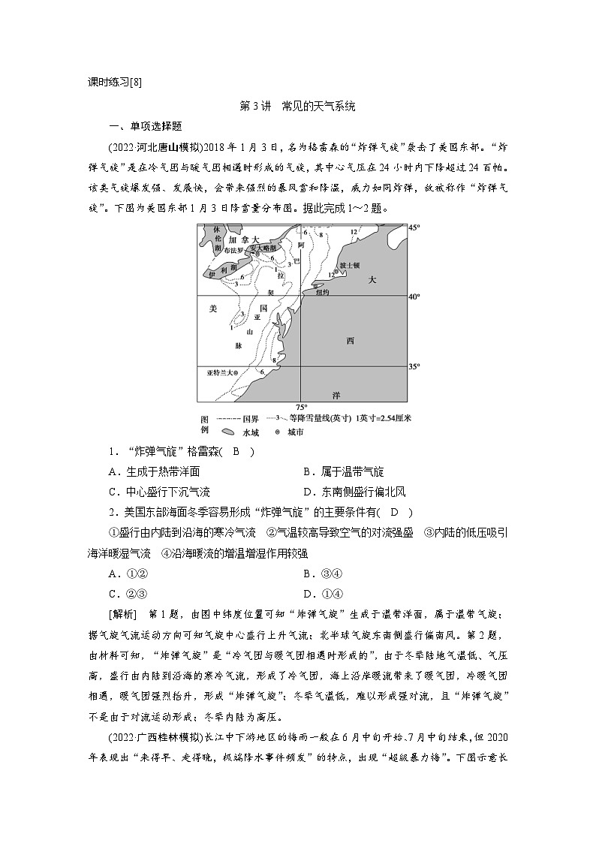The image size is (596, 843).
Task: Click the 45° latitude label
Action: click(x=414, y=227)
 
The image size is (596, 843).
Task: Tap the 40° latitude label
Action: click(x=414, y=297)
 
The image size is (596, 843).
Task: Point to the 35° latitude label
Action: click(x=414, y=367)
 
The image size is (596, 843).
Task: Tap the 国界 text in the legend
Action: click(x=249, y=419)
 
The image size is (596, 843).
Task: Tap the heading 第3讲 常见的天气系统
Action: click(x=296, y=107)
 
